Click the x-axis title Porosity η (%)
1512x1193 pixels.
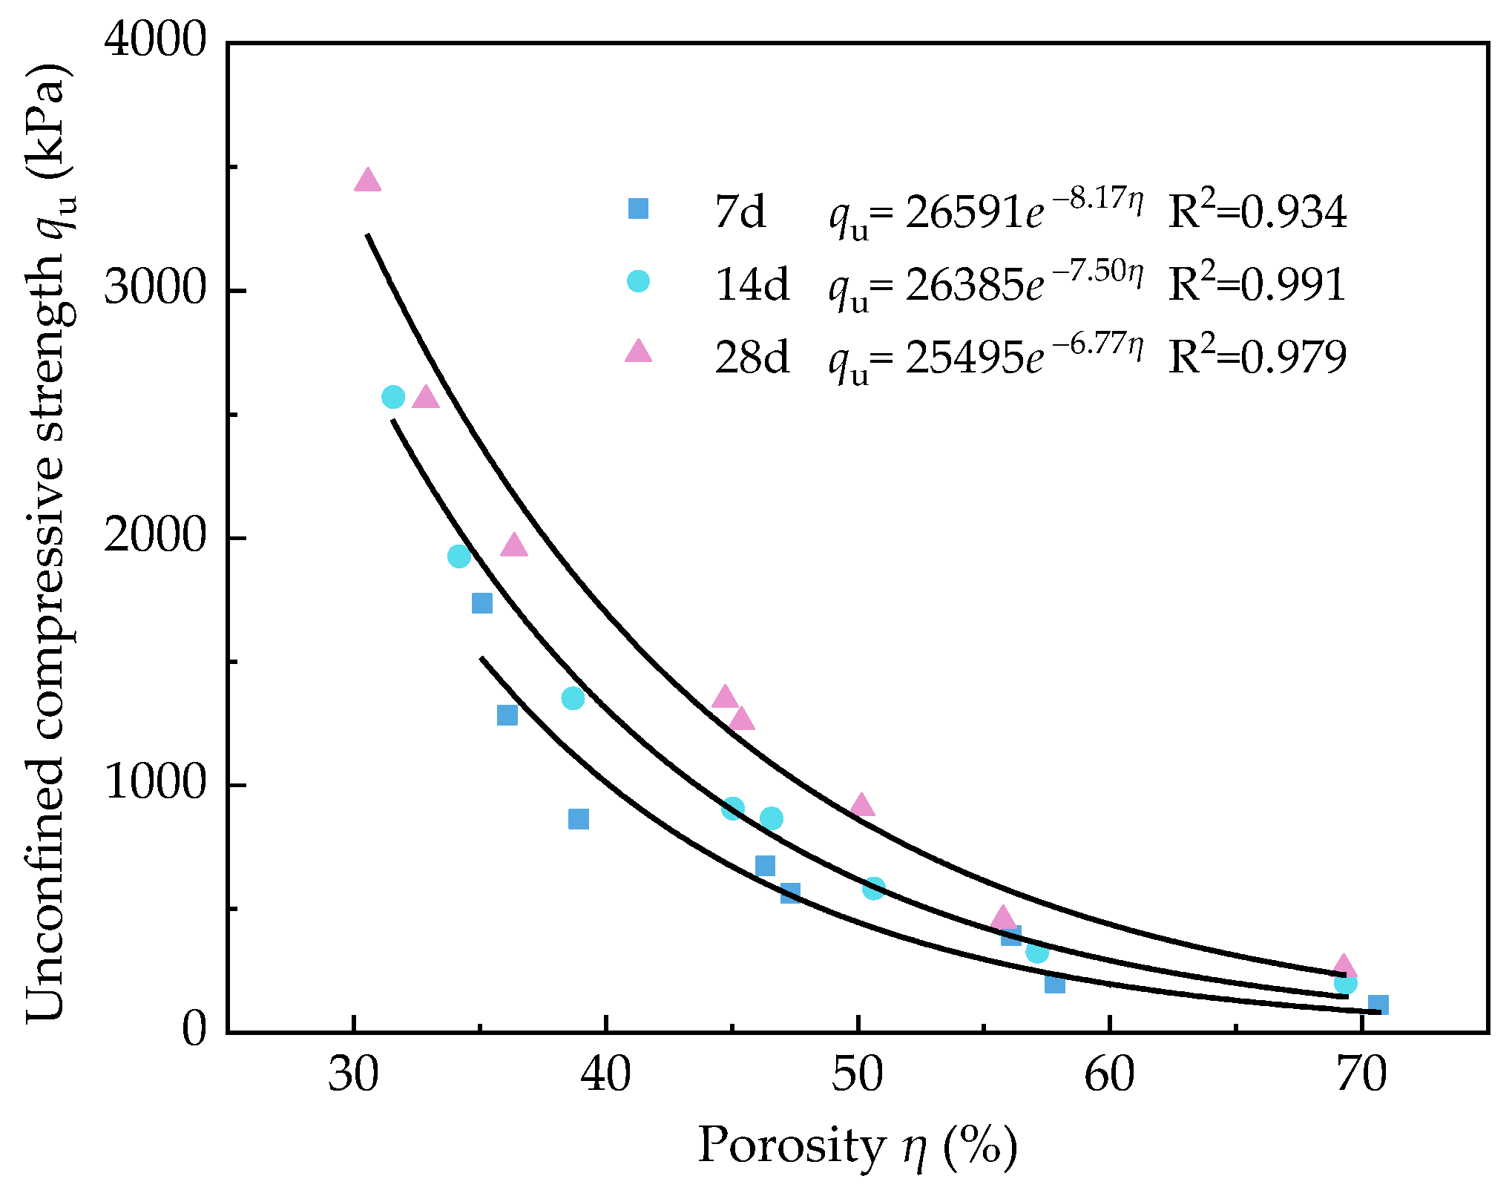pyautogui.click(x=857, y=1146)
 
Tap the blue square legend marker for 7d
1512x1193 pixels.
pyautogui.click(x=638, y=208)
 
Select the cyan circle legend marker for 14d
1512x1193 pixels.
pyautogui.click(x=638, y=281)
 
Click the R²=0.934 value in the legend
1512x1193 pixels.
pyautogui.click(x=1257, y=212)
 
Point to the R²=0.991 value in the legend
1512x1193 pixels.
pyautogui.click(x=1257, y=284)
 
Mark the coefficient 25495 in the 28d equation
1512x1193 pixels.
pyautogui.click(x=964, y=358)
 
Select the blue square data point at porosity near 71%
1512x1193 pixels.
pyautogui.click(x=1378, y=1005)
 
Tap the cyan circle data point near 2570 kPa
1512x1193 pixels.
pyautogui.click(x=393, y=397)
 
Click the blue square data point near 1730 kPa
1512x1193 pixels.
pyautogui.click(x=482, y=603)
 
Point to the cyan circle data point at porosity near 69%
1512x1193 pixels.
pyautogui.click(x=1345, y=983)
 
